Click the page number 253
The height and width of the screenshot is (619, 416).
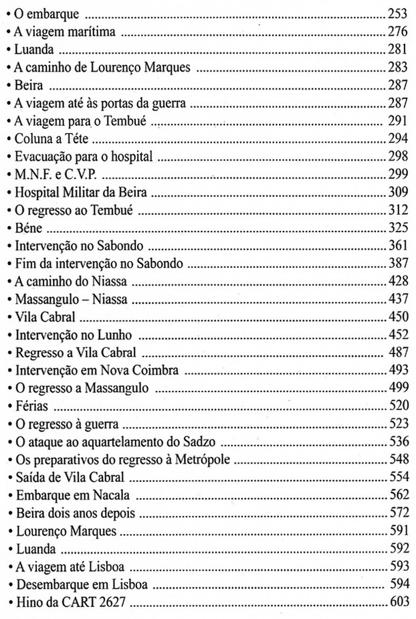tap(398, 13)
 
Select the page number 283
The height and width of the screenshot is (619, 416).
tap(398, 67)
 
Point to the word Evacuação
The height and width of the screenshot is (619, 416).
tap(43, 157)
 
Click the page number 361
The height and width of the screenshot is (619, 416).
tap(398, 248)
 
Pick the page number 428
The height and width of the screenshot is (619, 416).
tap(398, 284)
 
